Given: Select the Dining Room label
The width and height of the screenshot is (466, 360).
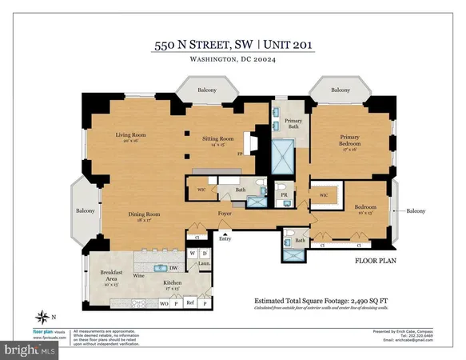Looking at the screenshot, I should (x=148, y=214).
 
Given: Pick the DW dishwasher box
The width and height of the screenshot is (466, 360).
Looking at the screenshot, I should (x=173, y=268).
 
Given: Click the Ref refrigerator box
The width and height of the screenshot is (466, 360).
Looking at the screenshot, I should (x=190, y=305).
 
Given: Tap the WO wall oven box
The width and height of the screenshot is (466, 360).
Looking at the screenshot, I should (x=164, y=305).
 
